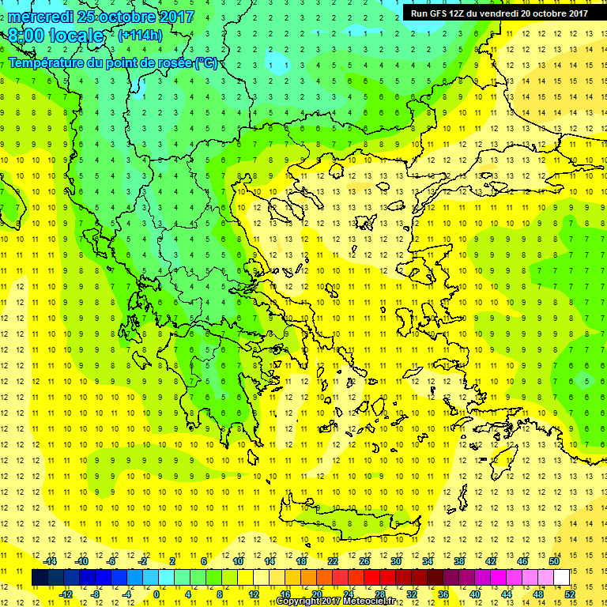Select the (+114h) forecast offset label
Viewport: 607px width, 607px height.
140,35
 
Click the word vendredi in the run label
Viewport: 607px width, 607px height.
497,13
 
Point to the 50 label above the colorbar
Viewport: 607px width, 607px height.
554,561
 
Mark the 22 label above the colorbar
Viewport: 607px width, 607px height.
333,561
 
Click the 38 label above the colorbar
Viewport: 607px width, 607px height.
459,561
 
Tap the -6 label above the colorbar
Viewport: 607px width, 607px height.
111,561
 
